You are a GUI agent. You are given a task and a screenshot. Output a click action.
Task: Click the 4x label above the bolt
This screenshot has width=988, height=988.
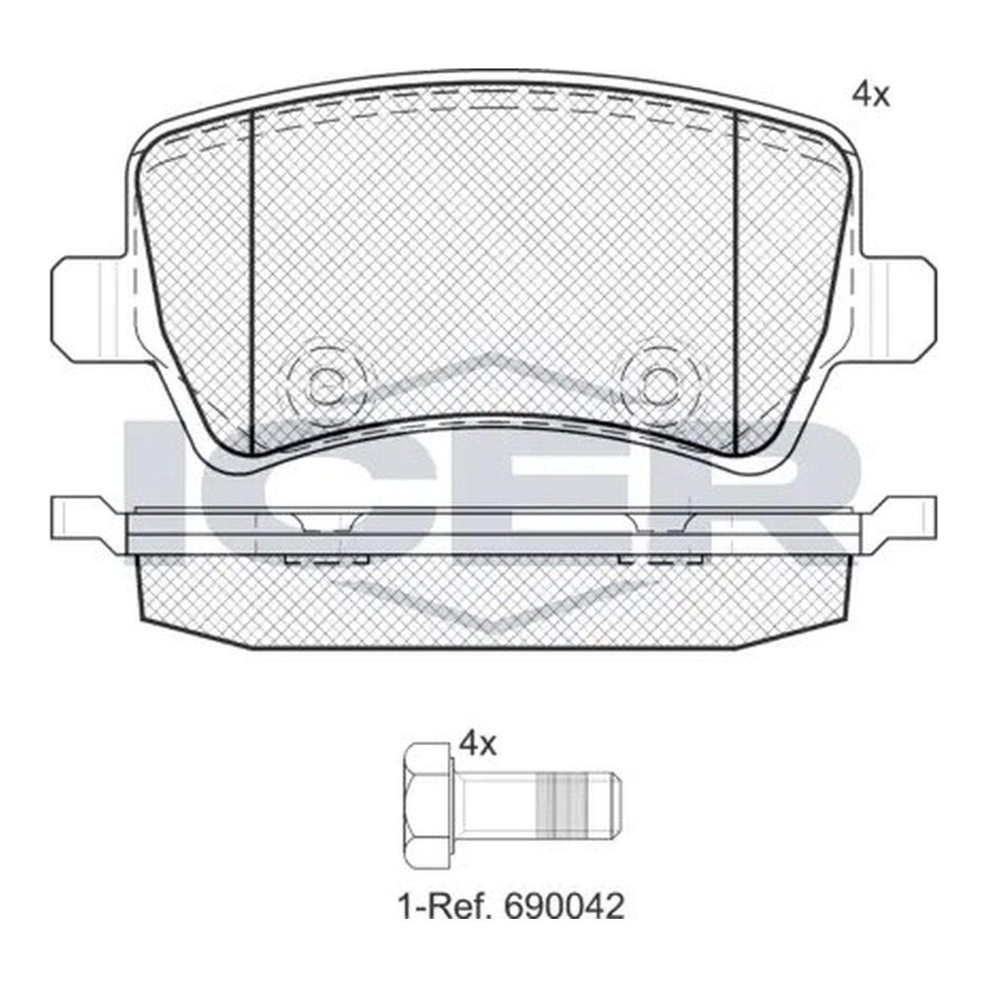(x=478, y=744)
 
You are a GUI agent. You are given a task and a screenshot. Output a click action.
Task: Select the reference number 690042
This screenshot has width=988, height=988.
(x=563, y=906)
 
